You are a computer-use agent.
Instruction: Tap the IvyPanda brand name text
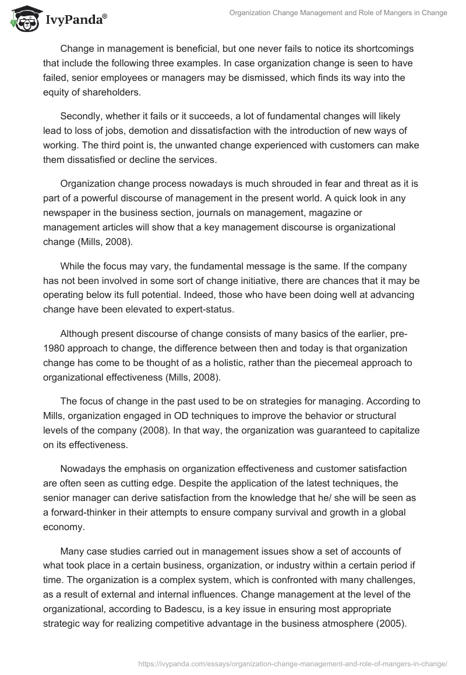tap(76, 21)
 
